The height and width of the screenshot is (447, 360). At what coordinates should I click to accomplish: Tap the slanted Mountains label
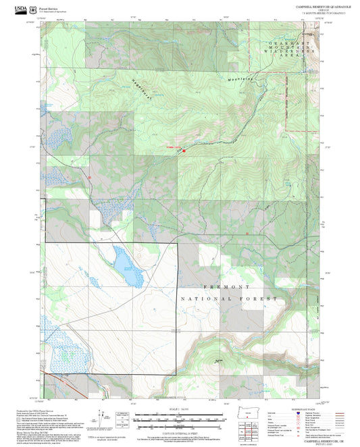pos(240,79)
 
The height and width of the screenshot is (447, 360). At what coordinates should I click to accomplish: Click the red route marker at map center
pos(183,151)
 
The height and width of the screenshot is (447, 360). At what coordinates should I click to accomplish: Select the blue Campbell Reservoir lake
pos(128,267)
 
